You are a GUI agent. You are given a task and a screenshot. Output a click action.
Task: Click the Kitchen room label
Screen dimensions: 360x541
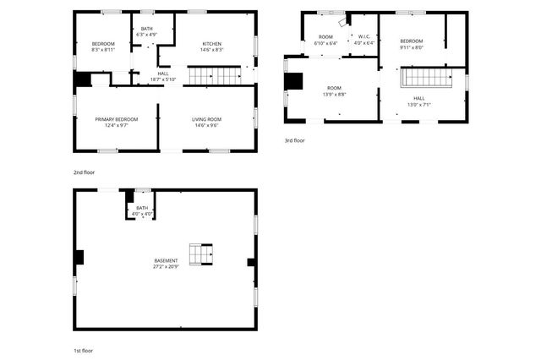(x=212, y=43)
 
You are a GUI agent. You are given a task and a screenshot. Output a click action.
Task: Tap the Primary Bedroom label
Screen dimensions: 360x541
(x=117, y=119)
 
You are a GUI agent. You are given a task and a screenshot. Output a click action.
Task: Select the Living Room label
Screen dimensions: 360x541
(x=207, y=119)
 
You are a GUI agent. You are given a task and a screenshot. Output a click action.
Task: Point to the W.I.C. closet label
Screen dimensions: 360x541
(x=363, y=36)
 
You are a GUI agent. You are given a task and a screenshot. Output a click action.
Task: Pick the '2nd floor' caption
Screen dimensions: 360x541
(x=84, y=172)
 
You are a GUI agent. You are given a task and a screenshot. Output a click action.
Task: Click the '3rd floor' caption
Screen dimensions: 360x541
(x=295, y=140)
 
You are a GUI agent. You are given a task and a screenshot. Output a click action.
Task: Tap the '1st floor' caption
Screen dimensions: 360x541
(x=83, y=349)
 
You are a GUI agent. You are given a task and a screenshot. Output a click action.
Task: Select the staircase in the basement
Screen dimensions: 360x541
(x=201, y=254)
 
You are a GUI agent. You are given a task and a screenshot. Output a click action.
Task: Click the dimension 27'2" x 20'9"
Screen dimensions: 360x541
(x=166, y=267)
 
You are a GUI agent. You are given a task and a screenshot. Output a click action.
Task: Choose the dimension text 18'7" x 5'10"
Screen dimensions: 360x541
(x=163, y=79)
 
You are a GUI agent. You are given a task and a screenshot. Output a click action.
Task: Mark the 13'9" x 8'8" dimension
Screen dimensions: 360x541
(x=334, y=94)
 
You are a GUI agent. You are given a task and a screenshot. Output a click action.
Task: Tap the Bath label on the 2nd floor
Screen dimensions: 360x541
(x=147, y=29)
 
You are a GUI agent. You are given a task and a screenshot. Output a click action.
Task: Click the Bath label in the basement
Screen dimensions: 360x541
(x=142, y=208)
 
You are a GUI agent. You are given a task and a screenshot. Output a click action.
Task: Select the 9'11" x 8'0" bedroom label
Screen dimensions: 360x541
(x=412, y=47)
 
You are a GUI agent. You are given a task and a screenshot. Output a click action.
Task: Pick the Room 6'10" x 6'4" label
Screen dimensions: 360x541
(x=325, y=42)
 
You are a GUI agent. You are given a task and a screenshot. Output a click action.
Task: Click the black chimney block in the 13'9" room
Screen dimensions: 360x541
(x=293, y=81)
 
